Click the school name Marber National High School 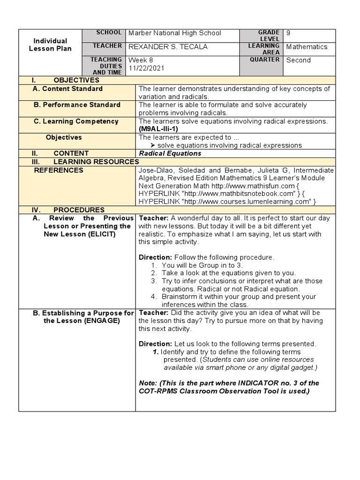coord(174,33)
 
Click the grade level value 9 coord(288,33)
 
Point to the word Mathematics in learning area coord(307,47)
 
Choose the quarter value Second coord(298,60)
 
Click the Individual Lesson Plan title coord(50,45)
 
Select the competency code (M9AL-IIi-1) coord(159,129)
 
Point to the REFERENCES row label coord(59,170)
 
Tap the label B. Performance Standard coord(77,105)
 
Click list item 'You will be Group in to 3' coord(202,265)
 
